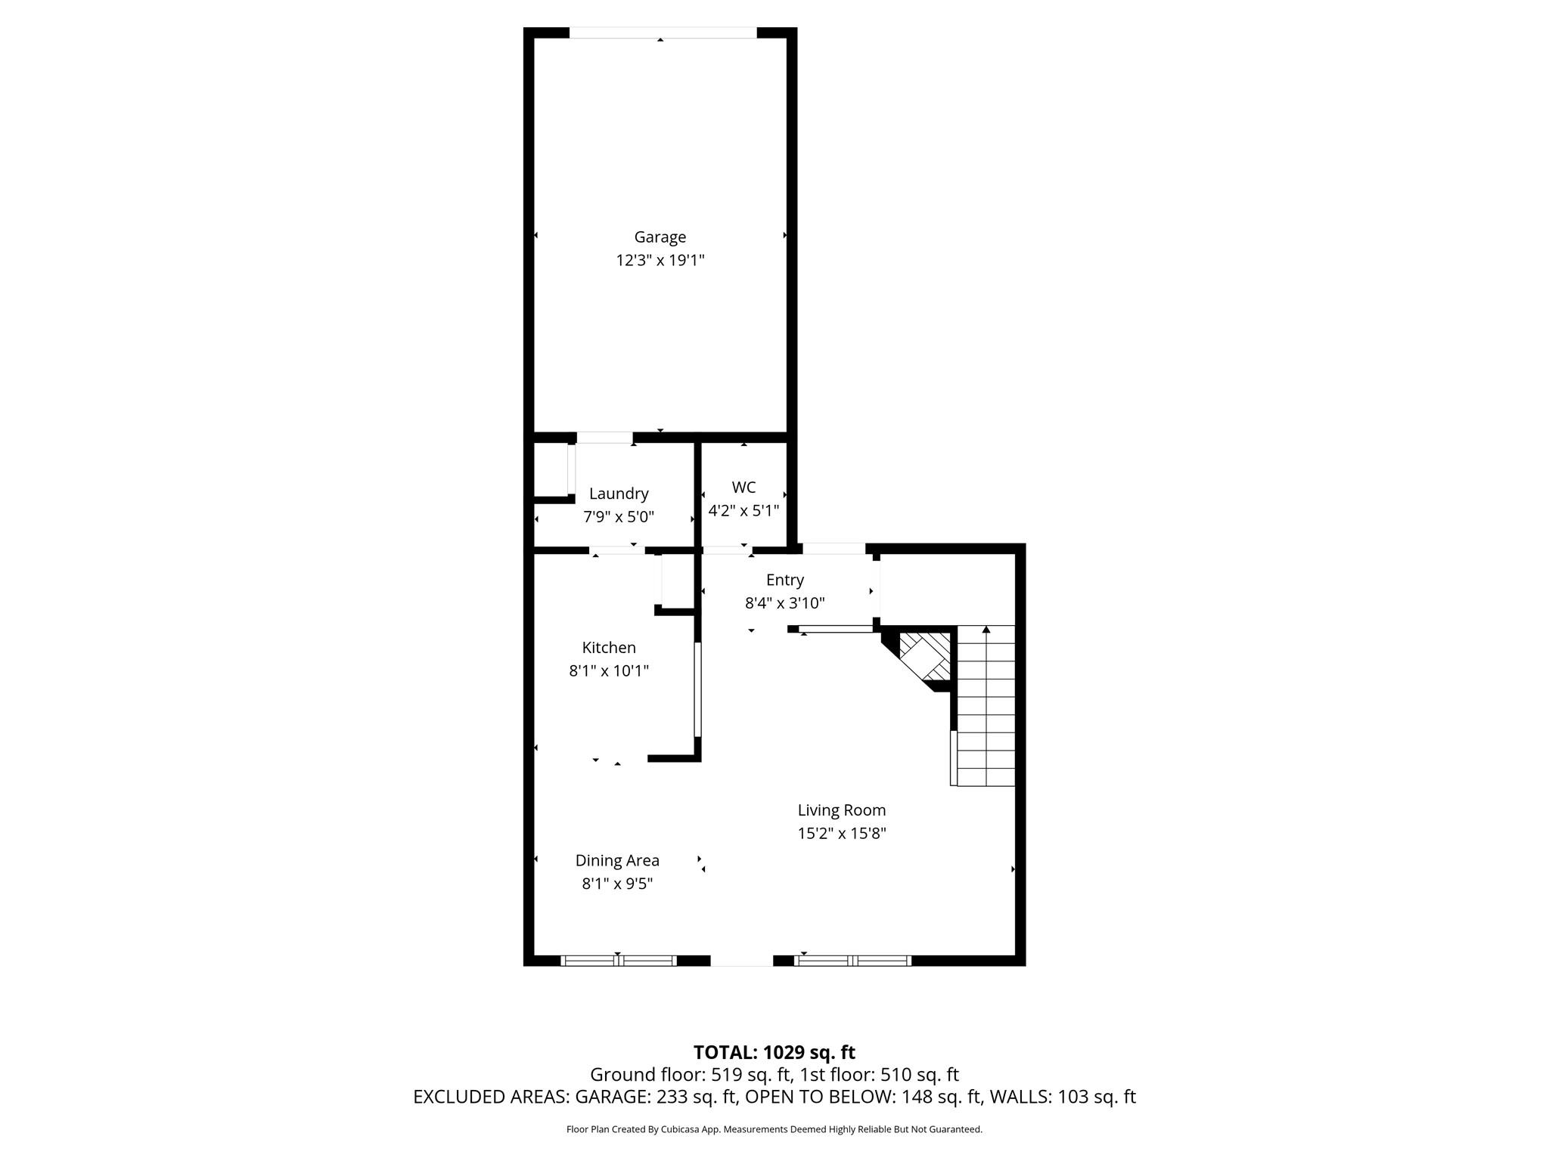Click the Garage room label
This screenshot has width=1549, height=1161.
tap(660, 237)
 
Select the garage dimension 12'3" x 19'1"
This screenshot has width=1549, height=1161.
tap(660, 261)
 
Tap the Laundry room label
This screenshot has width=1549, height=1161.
tap(619, 494)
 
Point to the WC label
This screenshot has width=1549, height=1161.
tap(743, 488)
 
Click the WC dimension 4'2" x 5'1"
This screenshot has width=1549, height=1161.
tap(743, 511)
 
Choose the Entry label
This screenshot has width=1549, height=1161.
tap(784, 580)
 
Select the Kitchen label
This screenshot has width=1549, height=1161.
tap(609, 648)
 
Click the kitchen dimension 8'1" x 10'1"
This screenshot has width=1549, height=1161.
tap(609, 671)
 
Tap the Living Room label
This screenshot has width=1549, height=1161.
tap(841, 810)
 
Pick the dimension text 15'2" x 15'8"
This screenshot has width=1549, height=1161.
tap(841, 834)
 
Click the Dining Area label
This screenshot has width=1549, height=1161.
tap(617, 860)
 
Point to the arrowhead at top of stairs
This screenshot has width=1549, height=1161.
tap(986, 630)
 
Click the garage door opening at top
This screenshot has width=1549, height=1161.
tap(663, 33)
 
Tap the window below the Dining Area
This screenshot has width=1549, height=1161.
tap(618, 961)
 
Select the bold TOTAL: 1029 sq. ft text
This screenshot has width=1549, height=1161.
tap(774, 1052)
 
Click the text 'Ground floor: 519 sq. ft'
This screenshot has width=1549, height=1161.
tap(691, 1075)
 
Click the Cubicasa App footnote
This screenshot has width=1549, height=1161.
tap(774, 1129)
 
